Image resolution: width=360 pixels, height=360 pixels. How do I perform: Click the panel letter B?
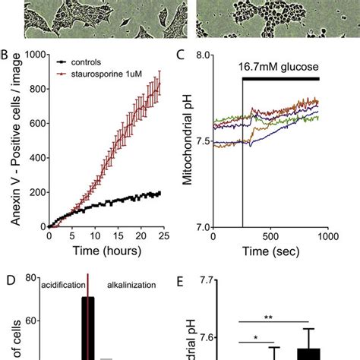tap(5, 56)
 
